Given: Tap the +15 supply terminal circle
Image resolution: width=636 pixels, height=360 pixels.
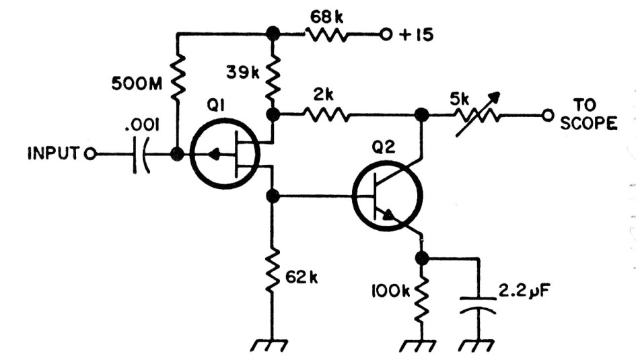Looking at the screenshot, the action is click(386, 35).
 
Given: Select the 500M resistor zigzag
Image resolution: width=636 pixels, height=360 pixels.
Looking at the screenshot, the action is click(177, 77).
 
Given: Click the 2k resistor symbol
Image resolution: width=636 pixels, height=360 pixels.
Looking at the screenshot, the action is click(326, 115).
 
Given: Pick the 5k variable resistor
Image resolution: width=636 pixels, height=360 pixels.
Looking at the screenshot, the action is click(477, 115).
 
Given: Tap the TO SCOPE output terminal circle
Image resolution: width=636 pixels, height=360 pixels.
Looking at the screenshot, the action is click(548, 116).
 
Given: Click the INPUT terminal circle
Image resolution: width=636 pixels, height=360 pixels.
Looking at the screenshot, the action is click(90, 154).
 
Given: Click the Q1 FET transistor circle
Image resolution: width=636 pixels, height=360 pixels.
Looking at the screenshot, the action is click(225, 153).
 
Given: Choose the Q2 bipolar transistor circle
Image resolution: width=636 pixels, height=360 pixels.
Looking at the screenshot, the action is click(388, 196).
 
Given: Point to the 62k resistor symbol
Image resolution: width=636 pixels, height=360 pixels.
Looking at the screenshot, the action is click(273, 270).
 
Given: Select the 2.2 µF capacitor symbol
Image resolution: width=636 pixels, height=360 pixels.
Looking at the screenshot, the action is click(478, 305).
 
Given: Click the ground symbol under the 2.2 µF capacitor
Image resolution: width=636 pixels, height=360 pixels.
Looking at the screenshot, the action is click(476, 345).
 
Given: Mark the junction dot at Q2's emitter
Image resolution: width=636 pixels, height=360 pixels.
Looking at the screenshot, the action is click(422, 258).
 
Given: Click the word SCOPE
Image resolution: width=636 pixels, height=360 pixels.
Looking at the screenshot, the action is click(588, 123).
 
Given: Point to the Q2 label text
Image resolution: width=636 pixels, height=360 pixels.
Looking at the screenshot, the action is click(384, 148).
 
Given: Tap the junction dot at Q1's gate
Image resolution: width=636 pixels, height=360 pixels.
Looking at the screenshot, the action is click(177, 154).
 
